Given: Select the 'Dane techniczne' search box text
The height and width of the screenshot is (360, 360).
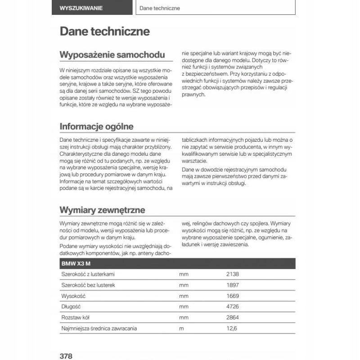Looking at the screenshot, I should (x=160, y=8).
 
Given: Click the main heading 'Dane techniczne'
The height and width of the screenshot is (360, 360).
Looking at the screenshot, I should (x=105, y=31).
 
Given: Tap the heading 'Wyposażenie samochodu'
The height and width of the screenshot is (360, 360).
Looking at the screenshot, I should (x=112, y=55).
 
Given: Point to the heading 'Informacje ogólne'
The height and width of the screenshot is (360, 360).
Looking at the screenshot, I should (x=97, y=126).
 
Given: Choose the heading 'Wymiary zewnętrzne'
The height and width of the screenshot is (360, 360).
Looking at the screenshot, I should (x=102, y=210).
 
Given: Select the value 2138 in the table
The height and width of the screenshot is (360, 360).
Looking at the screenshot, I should (x=233, y=274).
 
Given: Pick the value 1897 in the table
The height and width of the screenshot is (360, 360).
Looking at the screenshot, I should (x=233, y=285).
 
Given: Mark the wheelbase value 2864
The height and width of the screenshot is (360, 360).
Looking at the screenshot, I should (x=233, y=317).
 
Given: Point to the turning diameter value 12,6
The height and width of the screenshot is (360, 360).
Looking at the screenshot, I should (x=231, y=328).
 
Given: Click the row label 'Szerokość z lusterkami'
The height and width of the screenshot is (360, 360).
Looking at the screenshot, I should (x=88, y=274).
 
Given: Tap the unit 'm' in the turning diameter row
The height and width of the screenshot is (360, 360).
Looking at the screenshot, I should (x=182, y=328).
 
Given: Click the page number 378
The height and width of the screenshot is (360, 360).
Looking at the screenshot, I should (x=66, y=355).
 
